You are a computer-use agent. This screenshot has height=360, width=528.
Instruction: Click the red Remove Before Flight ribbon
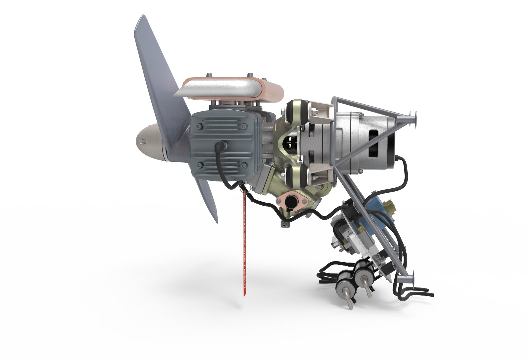coord(244,243)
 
